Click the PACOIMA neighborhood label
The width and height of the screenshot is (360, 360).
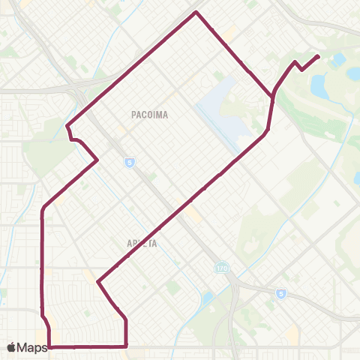[x=148, y=115]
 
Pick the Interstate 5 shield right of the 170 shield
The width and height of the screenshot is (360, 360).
[x=279, y=294]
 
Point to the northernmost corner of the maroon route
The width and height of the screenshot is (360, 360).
[x=196, y=12]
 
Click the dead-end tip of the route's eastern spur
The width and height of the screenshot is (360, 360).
[x=319, y=56]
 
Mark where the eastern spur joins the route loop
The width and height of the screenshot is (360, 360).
[x=272, y=96]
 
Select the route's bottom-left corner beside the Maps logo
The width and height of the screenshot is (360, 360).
[x=49, y=346]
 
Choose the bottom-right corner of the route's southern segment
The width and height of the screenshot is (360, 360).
[x=125, y=346]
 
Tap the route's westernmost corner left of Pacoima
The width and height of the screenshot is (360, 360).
[x=68, y=125]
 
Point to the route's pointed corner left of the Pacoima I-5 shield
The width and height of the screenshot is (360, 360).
[x=97, y=160]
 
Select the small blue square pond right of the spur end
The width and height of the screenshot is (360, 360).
[x=338, y=58]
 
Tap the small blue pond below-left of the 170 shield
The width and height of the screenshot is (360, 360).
[x=208, y=298]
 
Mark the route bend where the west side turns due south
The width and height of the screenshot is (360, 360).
[x=42, y=211]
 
